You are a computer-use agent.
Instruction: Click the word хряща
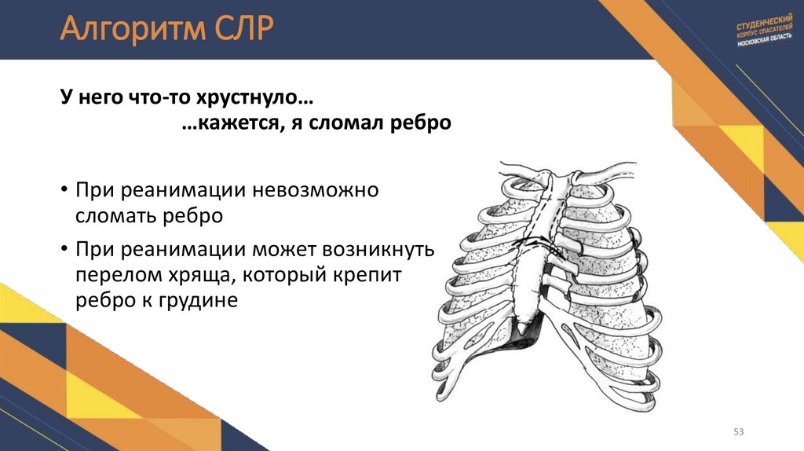tap(204, 275)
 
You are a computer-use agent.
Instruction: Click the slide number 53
tap(738, 432)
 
